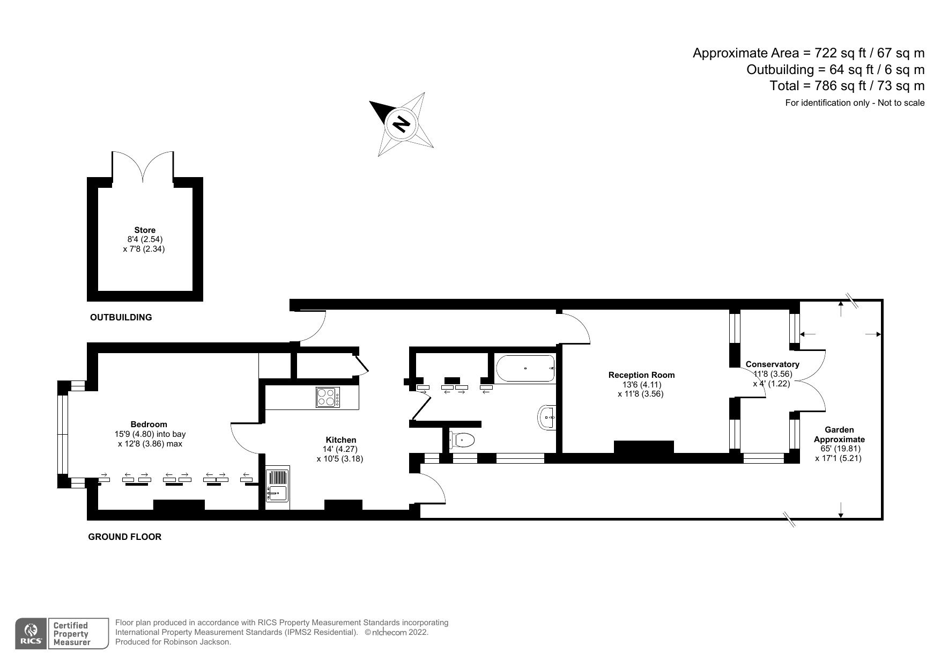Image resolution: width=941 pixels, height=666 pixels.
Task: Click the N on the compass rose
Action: (x=401, y=124)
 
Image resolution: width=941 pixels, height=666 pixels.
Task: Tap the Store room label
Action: (x=145, y=230)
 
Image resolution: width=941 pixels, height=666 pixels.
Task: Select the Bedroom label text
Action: (x=149, y=425)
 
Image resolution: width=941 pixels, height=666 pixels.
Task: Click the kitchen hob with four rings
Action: (x=327, y=398)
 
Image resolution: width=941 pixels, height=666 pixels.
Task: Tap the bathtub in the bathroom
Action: (x=525, y=369)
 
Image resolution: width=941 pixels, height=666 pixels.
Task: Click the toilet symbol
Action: (x=462, y=441)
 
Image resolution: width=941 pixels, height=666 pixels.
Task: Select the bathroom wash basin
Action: (x=546, y=417)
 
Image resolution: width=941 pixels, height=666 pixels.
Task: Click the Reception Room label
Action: (x=641, y=375)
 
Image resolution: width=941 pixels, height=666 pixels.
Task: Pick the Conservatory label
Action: (x=773, y=364)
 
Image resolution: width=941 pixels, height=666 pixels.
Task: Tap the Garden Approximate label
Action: (x=839, y=434)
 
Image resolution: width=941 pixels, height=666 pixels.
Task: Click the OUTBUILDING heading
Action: (x=121, y=317)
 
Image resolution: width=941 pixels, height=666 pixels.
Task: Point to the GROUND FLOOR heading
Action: (x=124, y=537)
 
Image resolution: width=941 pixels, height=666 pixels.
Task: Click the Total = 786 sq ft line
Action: (x=847, y=86)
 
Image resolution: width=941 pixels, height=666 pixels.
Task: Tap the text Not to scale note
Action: (x=901, y=103)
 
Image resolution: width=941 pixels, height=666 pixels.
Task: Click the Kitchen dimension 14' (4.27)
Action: (x=339, y=449)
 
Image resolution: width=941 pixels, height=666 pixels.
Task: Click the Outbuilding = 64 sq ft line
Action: (x=836, y=69)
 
